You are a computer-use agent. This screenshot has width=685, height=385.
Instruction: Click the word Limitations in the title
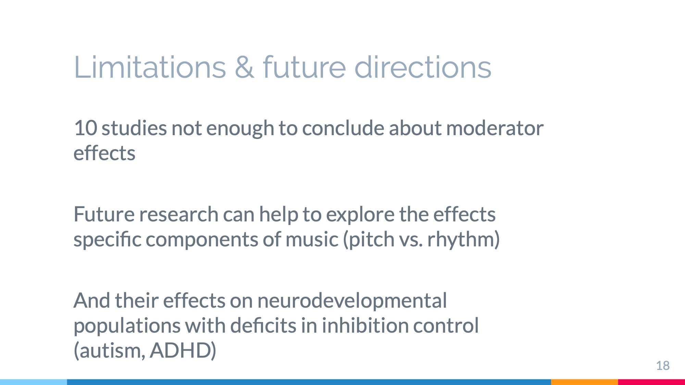(150, 67)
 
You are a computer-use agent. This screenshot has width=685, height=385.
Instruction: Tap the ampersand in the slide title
(245, 67)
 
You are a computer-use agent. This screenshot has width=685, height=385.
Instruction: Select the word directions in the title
(423, 67)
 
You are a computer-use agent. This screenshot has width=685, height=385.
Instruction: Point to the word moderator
(495, 128)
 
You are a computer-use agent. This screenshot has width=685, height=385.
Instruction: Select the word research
(179, 215)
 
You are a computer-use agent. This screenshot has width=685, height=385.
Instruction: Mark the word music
(312, 239)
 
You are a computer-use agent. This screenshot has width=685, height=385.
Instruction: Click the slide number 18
(663, 365)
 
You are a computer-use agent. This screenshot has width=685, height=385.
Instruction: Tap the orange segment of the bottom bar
(585, 382)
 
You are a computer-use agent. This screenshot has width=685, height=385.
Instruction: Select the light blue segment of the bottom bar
(34, 382)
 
